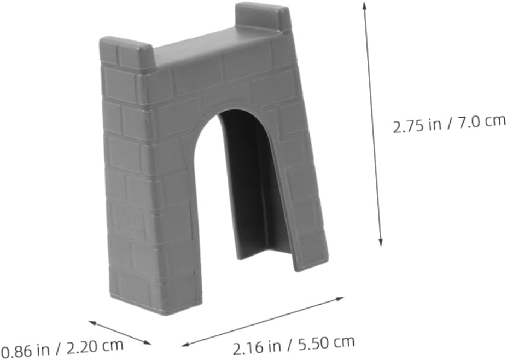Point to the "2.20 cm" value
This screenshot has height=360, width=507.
tap(95, 346)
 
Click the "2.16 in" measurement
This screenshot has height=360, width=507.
tap(257, 348)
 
